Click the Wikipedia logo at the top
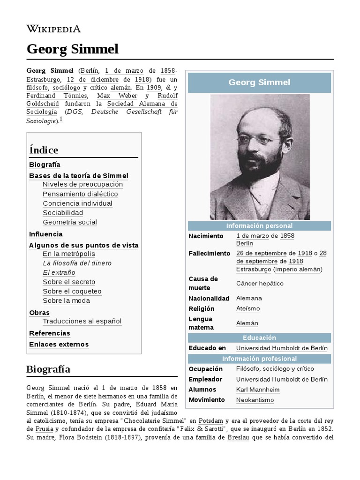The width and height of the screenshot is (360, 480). (53, 29)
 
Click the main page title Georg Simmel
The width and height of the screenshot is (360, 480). (73, 49)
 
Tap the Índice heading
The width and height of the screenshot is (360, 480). (44, 150)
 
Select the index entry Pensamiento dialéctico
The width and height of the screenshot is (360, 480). (80, 194)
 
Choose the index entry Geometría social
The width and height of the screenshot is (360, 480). (70, 222)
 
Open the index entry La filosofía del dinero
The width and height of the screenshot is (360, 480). (77, 263)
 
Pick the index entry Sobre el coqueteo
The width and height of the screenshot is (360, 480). (72, 292)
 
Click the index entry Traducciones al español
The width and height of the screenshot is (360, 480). (82, 322)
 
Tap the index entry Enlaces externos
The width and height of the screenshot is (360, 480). (59, 345)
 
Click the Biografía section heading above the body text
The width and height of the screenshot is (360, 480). (49, 369)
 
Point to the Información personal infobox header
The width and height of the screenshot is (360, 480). (259, 226)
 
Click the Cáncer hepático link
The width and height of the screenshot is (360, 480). (260, 284)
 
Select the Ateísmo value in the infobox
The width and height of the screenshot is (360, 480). (248, 309)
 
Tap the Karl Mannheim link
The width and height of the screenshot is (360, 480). (258, 390)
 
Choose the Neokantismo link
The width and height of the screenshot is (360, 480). (255, 400)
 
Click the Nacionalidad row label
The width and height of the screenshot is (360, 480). (209, 299)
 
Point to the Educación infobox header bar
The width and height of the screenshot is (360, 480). (259, 337)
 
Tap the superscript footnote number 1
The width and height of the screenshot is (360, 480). (61, 120)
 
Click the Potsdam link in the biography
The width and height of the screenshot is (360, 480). (210, 420)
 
